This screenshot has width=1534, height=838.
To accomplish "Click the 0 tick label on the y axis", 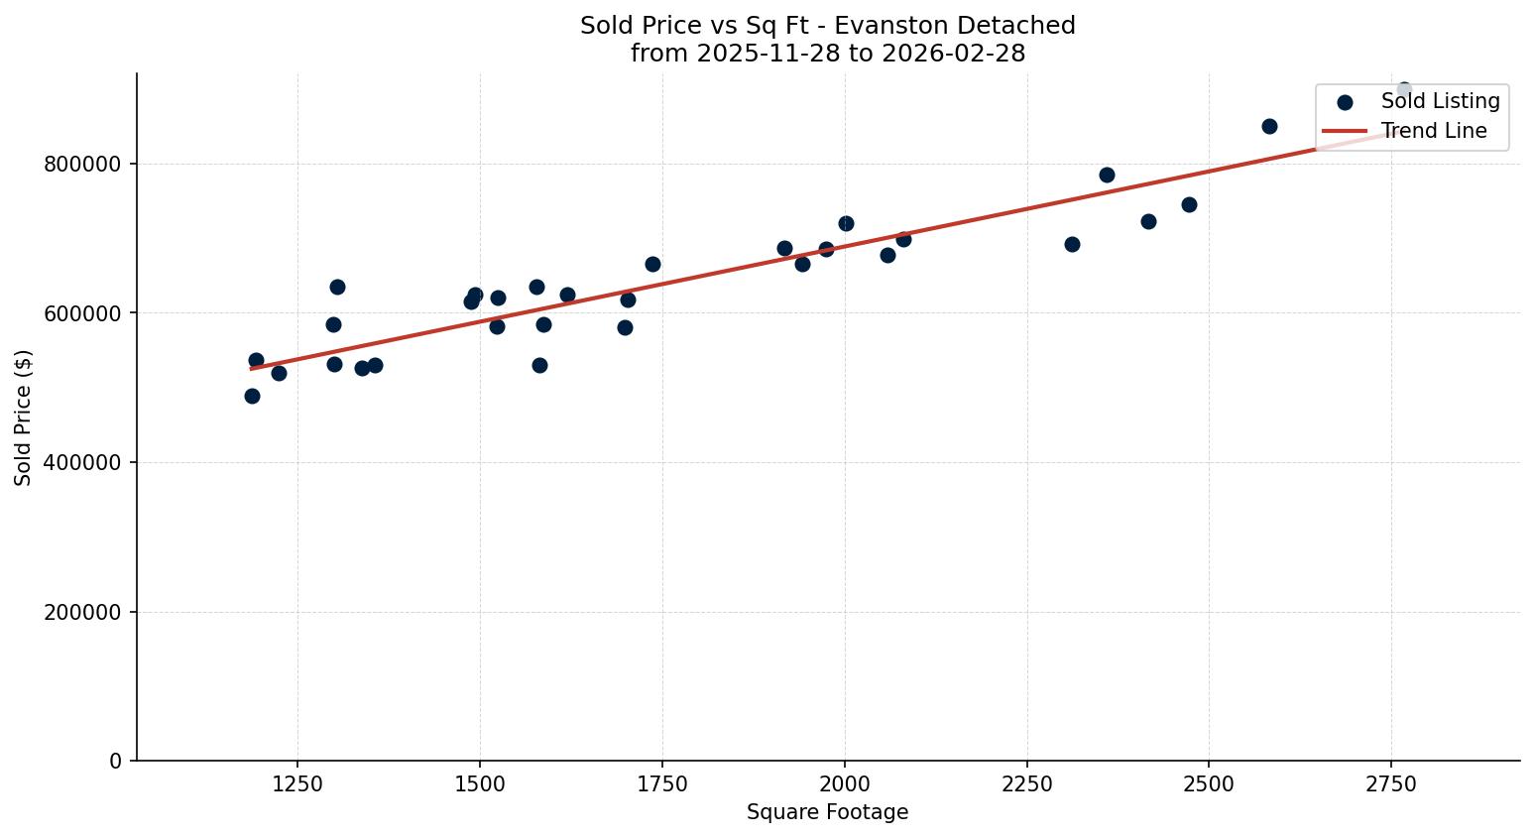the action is tap(116, 762).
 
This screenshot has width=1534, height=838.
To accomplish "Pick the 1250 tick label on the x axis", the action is tap(297, 784).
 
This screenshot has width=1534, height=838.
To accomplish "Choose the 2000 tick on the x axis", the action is tap(844, 784).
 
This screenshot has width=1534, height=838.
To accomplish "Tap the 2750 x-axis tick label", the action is tap(1390, 784).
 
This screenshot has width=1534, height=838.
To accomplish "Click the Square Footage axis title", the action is tap(827, 813).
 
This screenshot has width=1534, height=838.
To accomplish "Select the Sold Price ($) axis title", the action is tap(24, 418).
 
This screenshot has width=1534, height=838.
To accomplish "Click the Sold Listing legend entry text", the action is tap(1440, 101).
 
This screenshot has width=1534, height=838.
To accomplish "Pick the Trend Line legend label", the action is tap(1434, 131).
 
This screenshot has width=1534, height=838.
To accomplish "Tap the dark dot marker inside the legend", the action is tap(1345, 102).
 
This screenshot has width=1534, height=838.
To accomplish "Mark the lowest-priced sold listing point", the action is tap(252, 396).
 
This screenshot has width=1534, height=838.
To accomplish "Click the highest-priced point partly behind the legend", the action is tap(1403, 89).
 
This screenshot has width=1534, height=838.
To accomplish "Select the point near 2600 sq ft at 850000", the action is tap(1269, 126).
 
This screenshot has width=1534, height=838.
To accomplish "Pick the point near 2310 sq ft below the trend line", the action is tap(1072, 244).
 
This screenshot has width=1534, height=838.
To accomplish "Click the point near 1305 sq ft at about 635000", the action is tap(337, 287).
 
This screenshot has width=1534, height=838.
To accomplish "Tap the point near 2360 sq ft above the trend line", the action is tap(1107, 175).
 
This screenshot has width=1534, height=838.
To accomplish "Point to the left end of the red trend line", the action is tap(252, 368).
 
